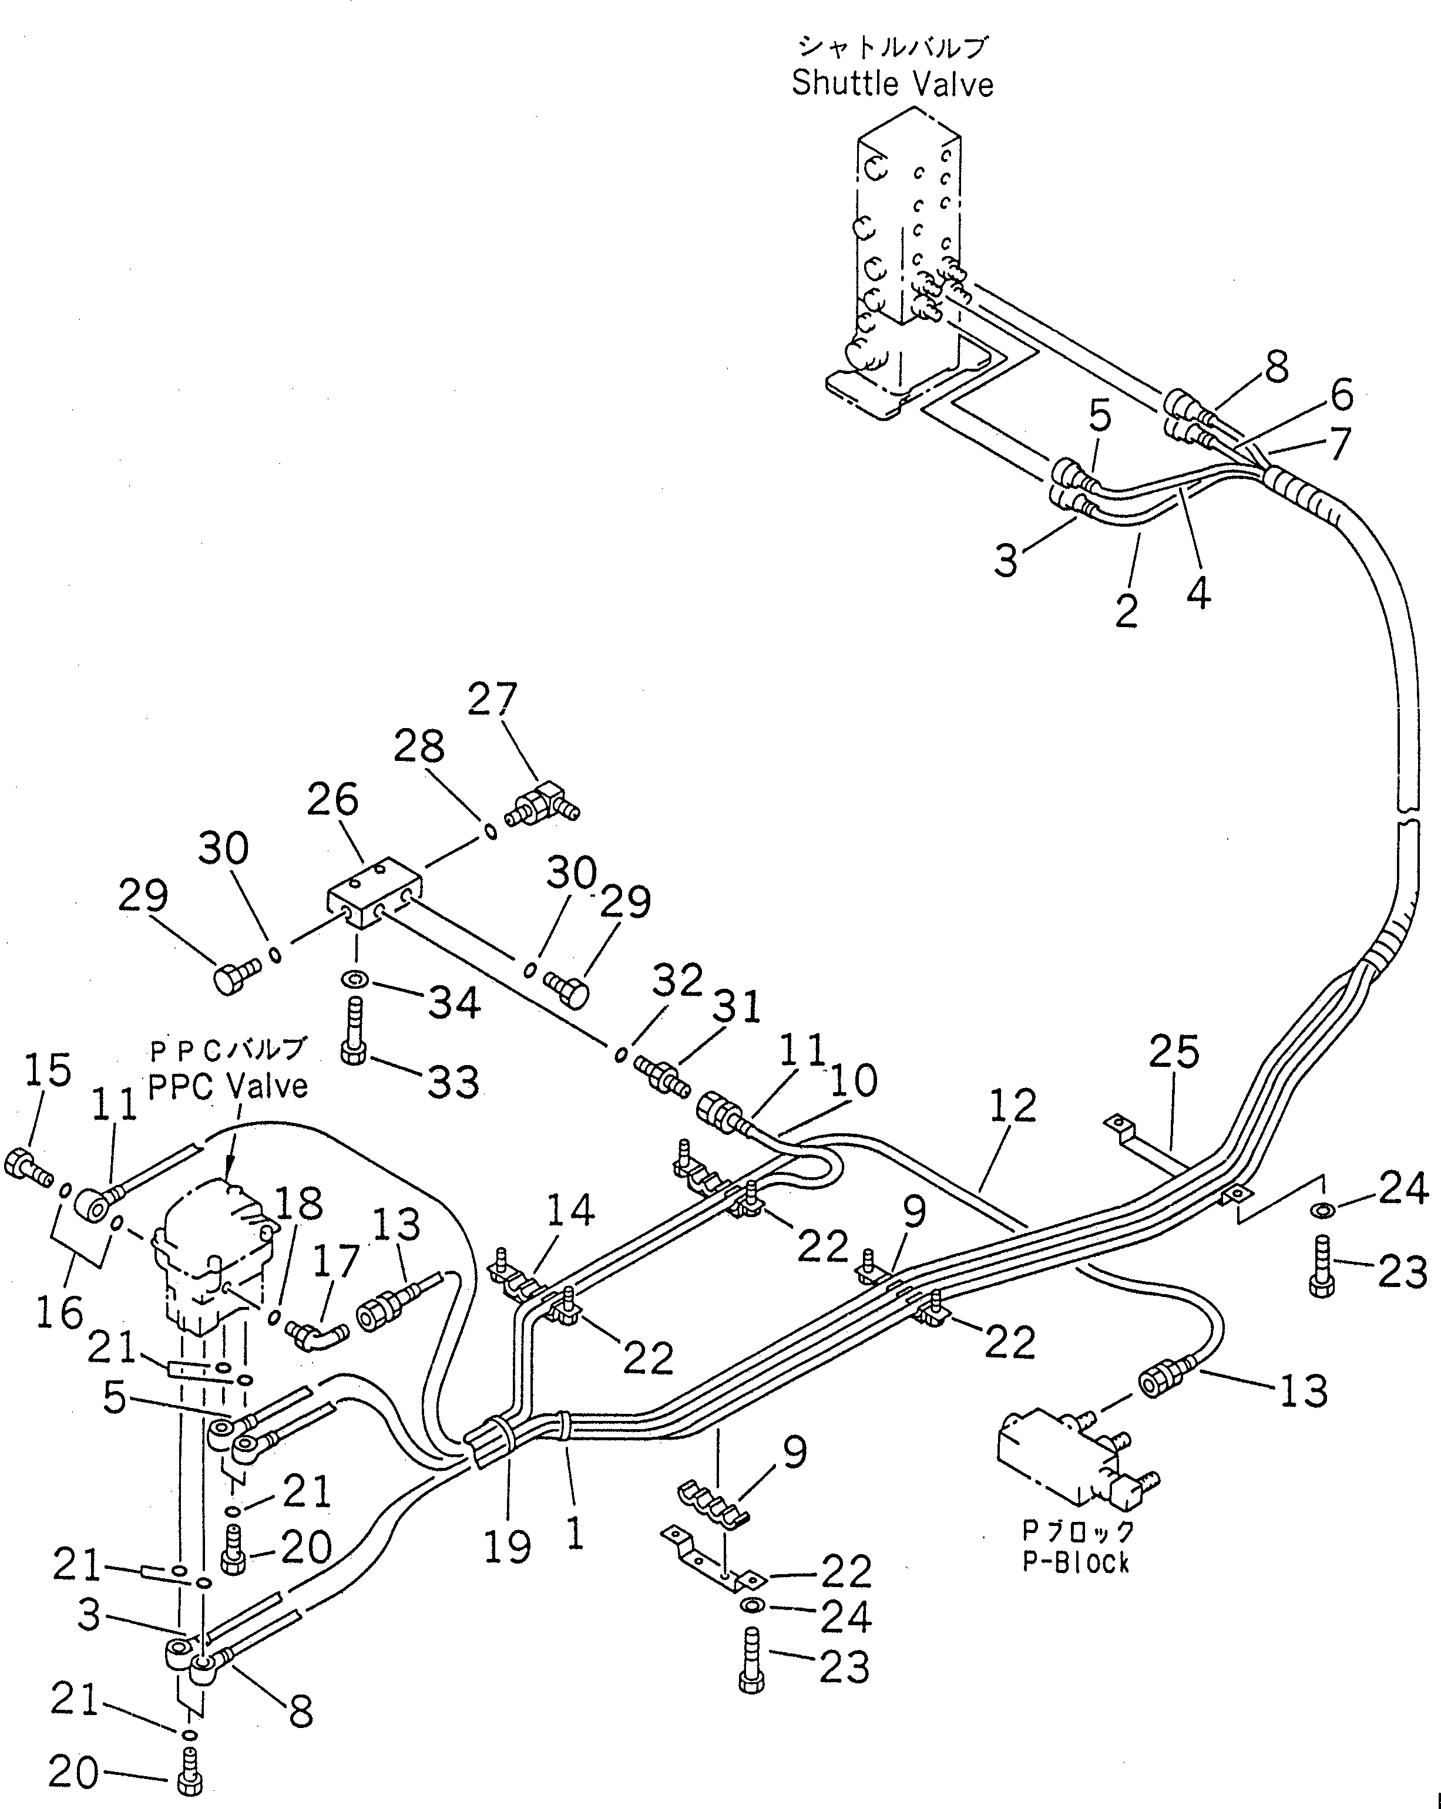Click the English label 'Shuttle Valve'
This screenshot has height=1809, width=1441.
click(x=892, y=84)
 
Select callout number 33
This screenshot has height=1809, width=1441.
click(x=453, y=1082)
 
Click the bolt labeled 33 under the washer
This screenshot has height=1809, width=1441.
click(x=352, y=1029)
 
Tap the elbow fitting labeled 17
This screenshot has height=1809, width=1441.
click(x=317, y=1330)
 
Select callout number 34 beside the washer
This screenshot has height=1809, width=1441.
click(x=454, y=1003)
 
